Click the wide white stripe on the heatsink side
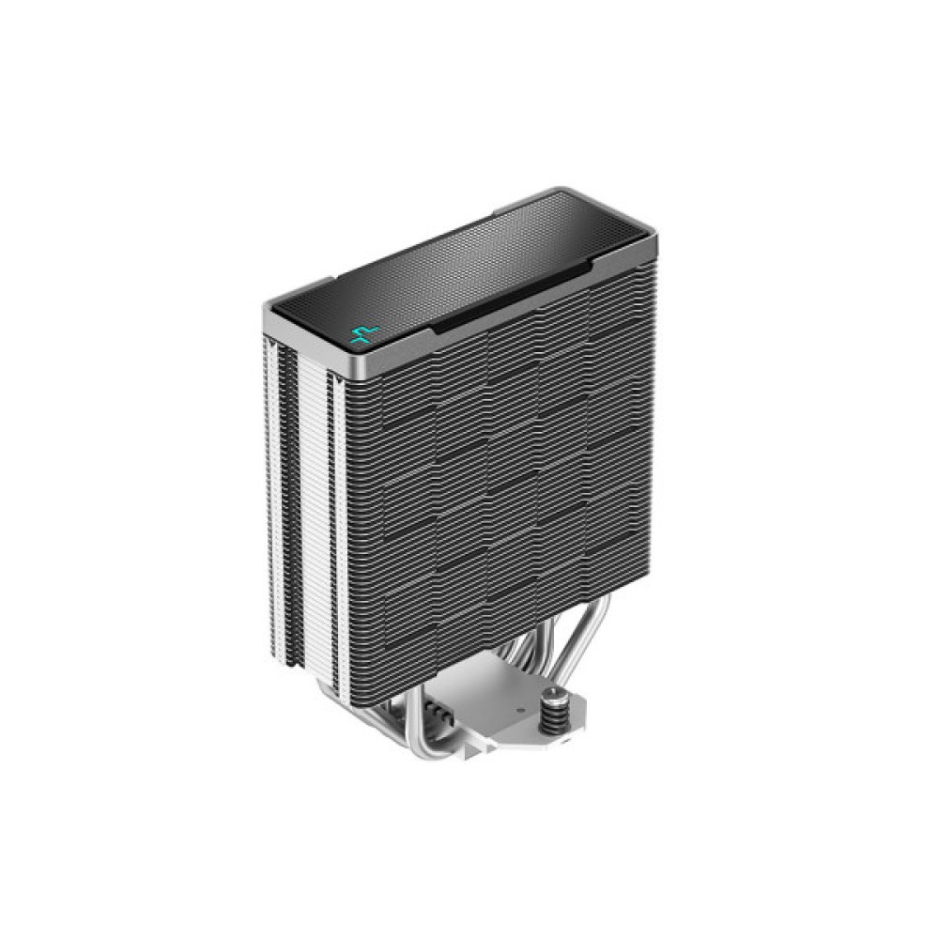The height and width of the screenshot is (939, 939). (x=314, y=516)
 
